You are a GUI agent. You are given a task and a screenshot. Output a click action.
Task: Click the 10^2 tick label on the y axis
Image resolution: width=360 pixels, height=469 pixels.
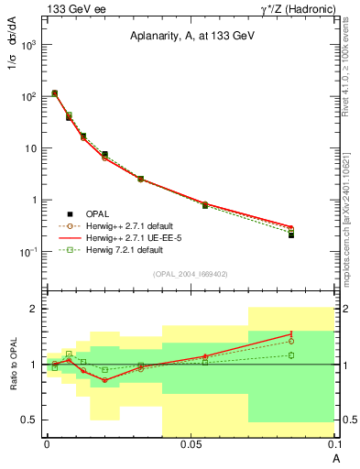click(30, 96)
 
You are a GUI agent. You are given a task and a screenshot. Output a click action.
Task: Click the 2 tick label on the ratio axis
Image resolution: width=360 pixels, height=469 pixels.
click(34, 310)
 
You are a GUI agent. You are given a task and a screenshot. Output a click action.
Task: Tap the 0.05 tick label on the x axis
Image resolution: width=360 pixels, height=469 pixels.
click(190, 444)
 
